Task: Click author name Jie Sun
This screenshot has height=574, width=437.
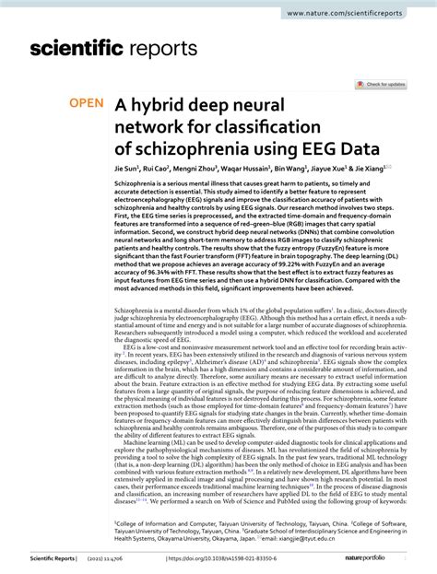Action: pos(126,170)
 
